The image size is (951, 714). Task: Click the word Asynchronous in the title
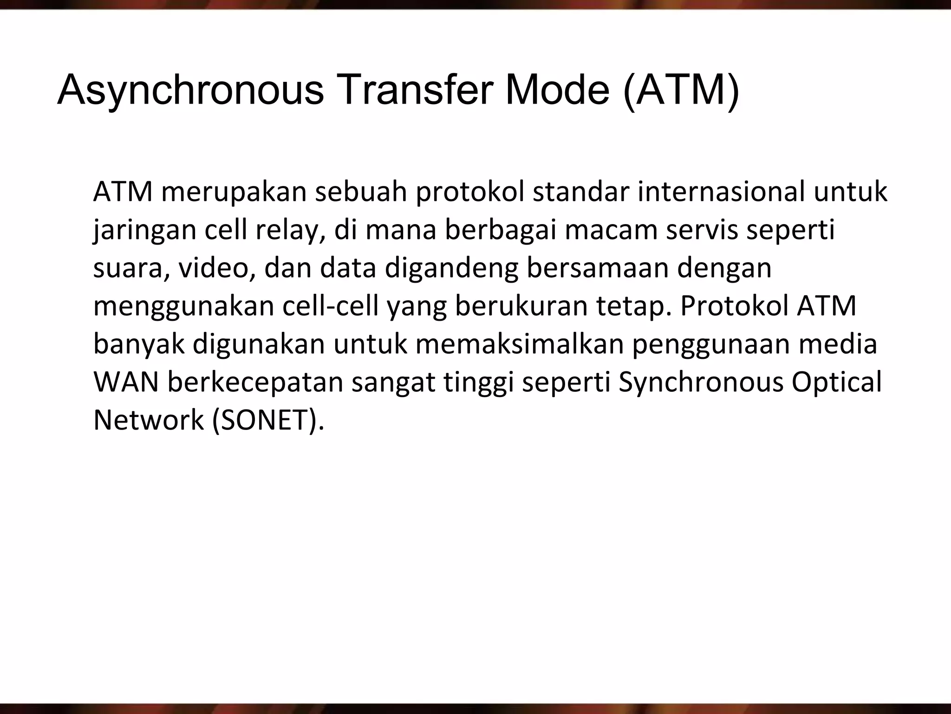click(x=190, y=91)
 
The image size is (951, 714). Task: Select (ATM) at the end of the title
click(x=681, y=91)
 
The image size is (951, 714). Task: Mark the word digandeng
click(x=451, y=269)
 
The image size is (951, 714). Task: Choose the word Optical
click(x=836, y=382)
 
